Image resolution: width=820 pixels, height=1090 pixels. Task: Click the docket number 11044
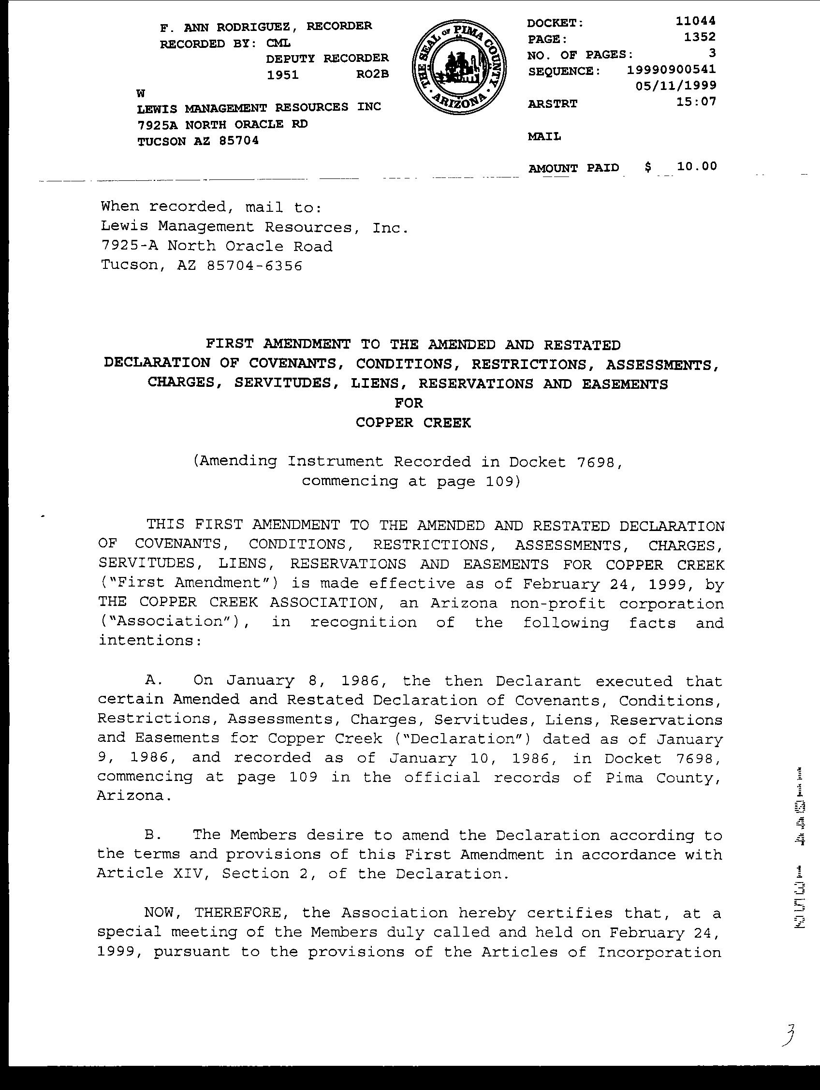click(x=695, y=21)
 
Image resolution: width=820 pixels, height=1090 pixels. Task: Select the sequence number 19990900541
click(x=671, y=70)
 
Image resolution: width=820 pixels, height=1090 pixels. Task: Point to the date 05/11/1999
click(x=675, y=86)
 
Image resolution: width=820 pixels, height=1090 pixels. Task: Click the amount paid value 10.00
click(x=696, y=166)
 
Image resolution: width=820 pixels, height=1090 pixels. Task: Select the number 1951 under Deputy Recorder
click(x=282, y=75)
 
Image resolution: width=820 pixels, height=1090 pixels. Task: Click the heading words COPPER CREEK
click(x=413, y=423)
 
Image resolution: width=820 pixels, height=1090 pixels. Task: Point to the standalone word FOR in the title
click(x=409, y=403)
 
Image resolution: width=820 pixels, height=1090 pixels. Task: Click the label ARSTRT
click(x=552, y=104)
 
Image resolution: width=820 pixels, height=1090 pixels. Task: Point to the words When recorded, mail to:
click(x=211, y=207)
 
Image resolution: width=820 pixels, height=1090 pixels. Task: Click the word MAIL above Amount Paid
click(x=544, y=136)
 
